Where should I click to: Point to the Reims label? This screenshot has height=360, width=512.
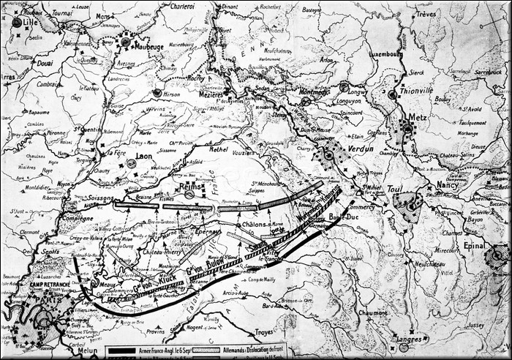point(189,187)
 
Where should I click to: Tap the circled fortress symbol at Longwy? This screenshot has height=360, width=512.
point(344,86)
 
